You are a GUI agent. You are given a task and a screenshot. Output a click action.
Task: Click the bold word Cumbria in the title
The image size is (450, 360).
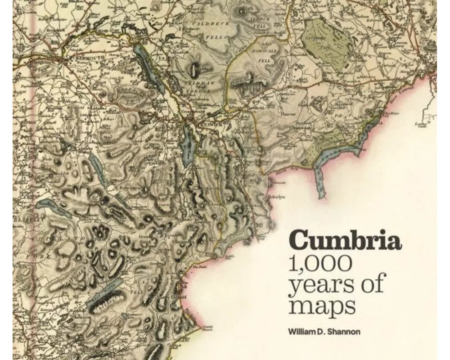(345, 241)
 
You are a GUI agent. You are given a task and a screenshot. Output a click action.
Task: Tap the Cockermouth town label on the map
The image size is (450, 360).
(85, 58)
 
